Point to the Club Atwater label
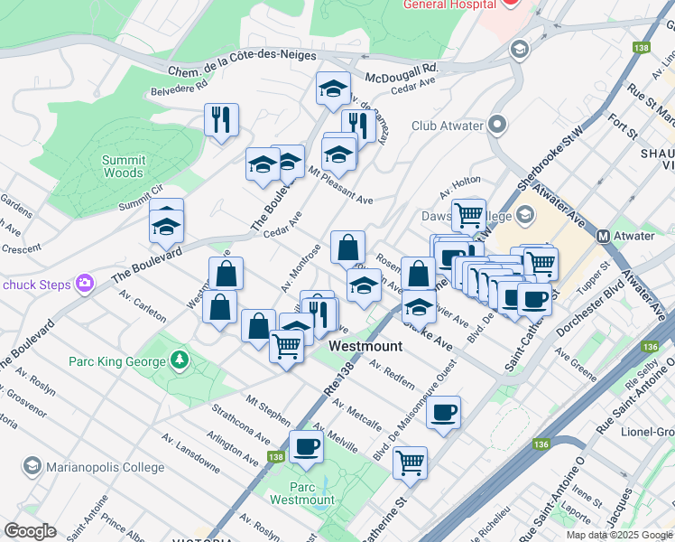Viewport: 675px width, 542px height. [447, 126]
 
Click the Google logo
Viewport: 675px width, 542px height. [31, 531]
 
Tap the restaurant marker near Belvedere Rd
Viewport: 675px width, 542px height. [221, 118]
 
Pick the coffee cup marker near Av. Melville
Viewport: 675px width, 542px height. [306, 445]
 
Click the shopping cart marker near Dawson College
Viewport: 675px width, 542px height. [468, 215]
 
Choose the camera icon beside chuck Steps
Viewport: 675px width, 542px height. [85, 284]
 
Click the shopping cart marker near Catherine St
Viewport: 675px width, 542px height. [410, 462]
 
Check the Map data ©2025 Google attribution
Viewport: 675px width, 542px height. [619, 535]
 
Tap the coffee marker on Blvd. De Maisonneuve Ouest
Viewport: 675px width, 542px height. [443, 413]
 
